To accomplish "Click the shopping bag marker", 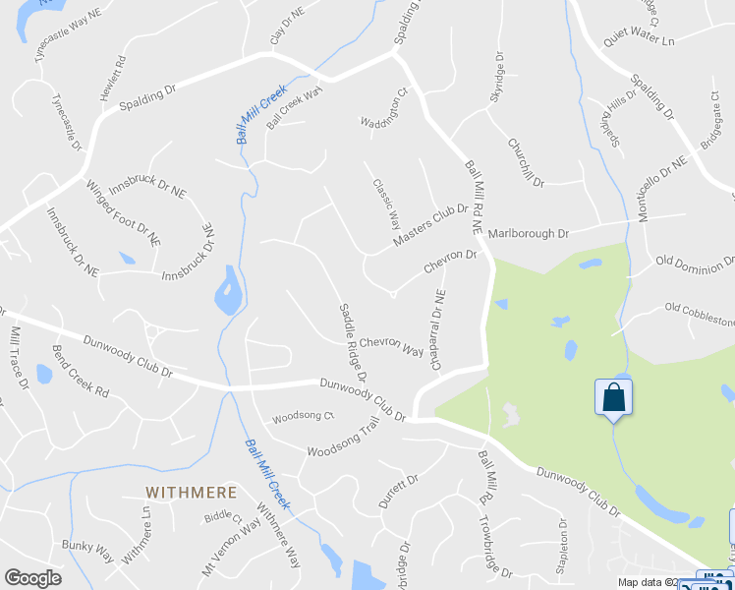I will tap(613, 398).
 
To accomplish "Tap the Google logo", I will tap(33, 578).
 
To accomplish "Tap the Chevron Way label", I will tap(391, 344).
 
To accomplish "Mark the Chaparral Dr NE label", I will tap(438, 329).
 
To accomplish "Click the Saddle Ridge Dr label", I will tap(354, 342).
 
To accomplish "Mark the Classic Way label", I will tap(385, 202).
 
